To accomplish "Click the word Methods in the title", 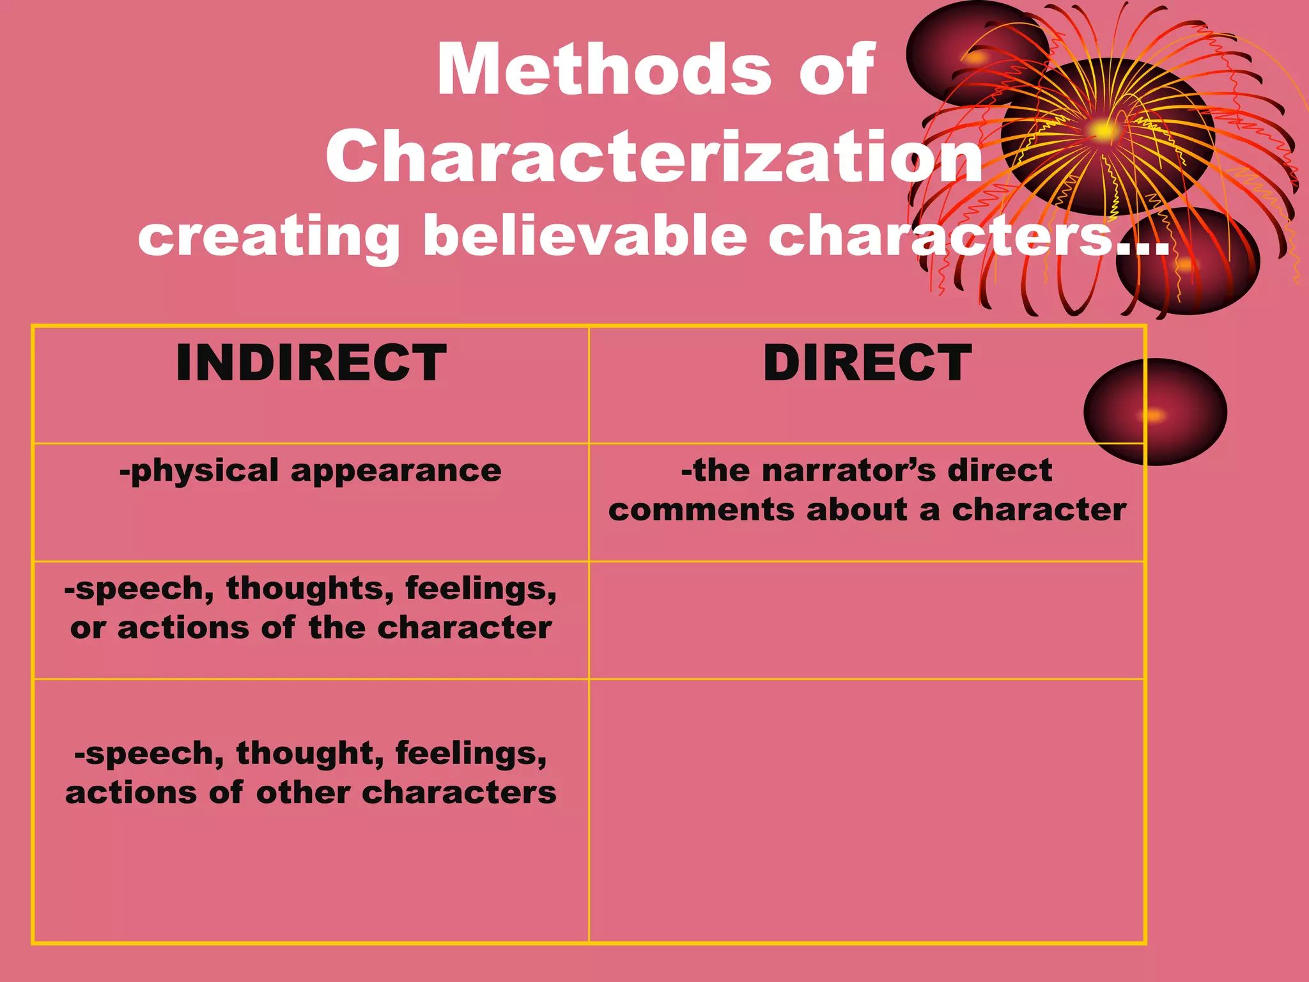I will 604,69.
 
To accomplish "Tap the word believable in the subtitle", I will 584,236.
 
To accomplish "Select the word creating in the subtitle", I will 268,237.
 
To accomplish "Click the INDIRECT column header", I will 311,363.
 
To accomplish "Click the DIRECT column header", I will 867,363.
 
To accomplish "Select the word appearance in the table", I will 396,472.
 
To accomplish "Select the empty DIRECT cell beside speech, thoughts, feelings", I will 866,620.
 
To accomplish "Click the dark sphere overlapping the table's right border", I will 1155,412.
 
